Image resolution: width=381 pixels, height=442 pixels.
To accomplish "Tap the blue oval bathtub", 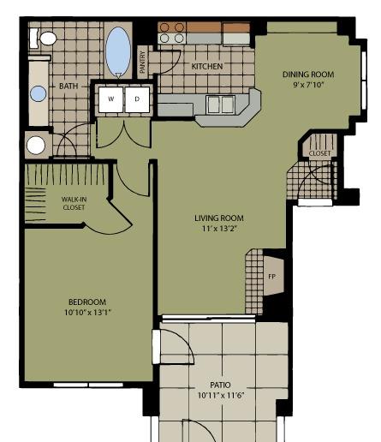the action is point(118,51).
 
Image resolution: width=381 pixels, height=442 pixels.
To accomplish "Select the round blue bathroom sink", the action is point(39,93).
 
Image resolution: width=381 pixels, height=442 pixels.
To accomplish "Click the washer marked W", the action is point(111,99).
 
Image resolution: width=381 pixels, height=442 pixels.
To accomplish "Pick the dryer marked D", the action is point(137,99).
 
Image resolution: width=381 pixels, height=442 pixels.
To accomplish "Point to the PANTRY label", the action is point(143,62).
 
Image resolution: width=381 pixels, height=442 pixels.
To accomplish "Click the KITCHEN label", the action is point(207,67).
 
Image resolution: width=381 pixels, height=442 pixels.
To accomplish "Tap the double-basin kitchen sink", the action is point(221,105).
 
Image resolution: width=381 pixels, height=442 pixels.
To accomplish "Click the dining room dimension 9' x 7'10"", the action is point(309,85).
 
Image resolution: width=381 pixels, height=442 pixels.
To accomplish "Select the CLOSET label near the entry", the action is point(320,153).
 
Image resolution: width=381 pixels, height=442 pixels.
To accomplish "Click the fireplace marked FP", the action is point(273,276).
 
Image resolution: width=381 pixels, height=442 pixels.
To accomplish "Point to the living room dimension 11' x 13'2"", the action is point(220,229).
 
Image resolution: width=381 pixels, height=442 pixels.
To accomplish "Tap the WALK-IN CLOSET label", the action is point(74,203).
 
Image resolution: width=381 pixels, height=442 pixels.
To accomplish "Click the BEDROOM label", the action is point(87,302).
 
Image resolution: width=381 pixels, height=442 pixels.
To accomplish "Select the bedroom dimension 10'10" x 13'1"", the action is point(87,313).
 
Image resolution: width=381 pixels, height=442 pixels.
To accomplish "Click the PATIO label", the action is point(220,385).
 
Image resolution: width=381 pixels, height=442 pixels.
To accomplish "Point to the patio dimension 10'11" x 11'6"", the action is point(222,396).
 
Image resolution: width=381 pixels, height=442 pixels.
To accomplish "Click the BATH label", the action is point(68,86).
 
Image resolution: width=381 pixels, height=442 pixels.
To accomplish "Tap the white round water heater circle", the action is point(36,146).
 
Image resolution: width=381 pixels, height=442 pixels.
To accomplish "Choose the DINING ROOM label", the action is point(308,75).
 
